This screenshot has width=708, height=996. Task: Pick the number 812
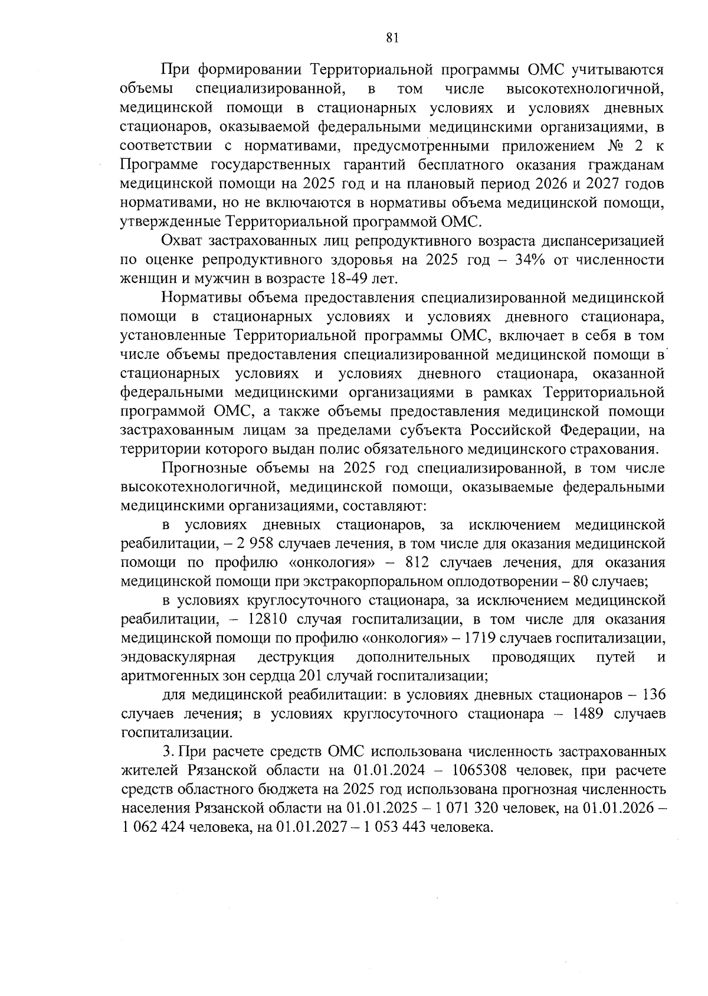[432, 562]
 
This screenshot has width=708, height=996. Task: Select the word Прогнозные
[205, 468]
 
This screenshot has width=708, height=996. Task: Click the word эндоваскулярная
[178, 657]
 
